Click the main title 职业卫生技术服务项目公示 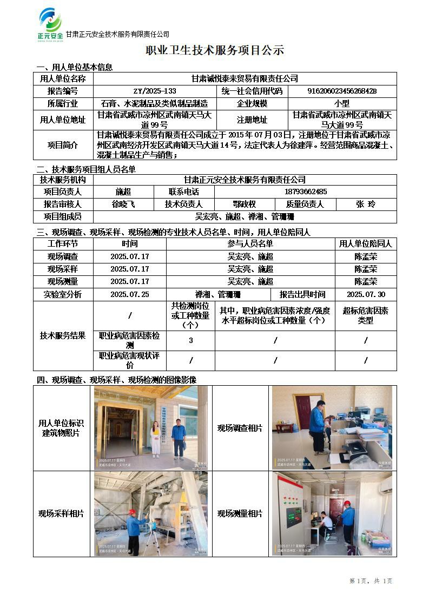pos(215,51)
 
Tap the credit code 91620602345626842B pos(342,91)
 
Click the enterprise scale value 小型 pos(342,103)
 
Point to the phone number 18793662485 pos(305,192)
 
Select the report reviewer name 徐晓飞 pos(123,204)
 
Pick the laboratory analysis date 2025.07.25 pos(130,294)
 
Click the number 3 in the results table pos(190,340)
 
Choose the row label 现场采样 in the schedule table pos(63,269)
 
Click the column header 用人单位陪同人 pos(366,244)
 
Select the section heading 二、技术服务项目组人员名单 pos(85,169)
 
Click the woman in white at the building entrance pos(156,439)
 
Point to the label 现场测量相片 pos(240,513)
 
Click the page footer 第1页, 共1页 pos(371,580)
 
